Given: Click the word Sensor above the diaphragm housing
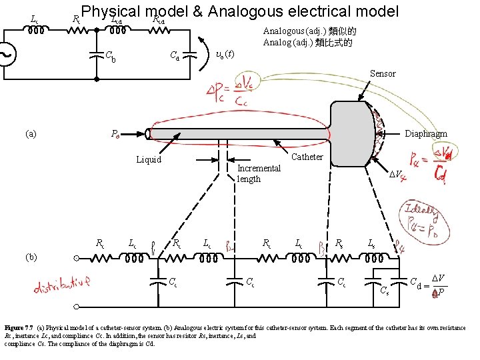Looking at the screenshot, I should (383, 73).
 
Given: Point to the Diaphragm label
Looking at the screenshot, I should (426, 133).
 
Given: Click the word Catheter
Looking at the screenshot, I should (307, 157).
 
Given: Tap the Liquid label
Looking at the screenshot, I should (148, 159).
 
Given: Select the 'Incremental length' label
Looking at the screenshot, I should (259, 173).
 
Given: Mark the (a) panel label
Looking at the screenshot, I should (31, 133).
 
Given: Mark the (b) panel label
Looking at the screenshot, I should (31, 256).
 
